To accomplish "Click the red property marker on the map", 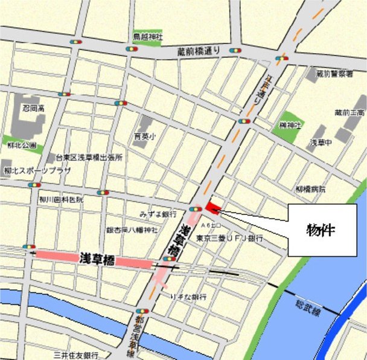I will point(212,207).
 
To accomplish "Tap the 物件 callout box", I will point(321,231).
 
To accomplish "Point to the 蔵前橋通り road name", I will point(200,51).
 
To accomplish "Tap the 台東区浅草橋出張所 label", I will point(89,157).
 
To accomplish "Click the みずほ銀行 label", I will point(158,214).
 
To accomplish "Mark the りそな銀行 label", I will point(188,297).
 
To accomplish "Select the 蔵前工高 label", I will point(349,112).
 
